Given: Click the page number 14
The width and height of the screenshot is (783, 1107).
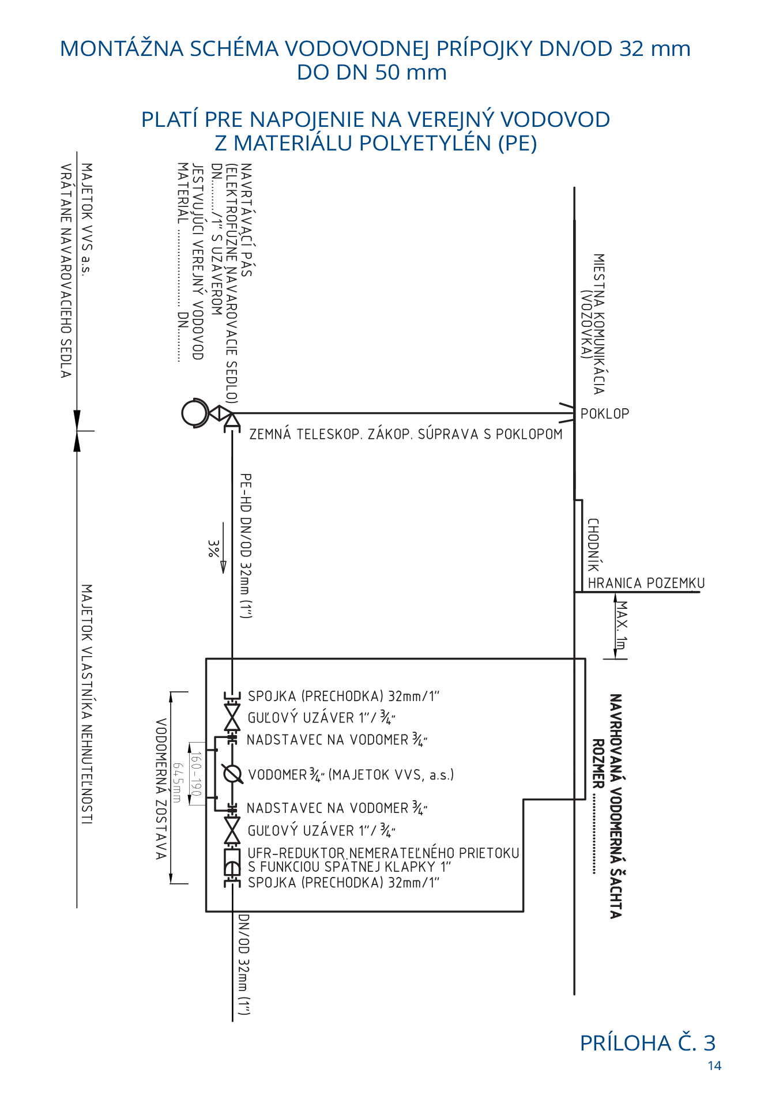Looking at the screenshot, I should pos(714,1066).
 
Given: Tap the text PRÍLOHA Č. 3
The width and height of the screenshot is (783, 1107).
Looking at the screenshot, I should pos(647,1043).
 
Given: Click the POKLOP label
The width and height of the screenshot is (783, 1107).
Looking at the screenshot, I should pos(604,413).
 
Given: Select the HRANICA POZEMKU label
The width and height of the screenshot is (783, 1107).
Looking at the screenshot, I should pos(646,583).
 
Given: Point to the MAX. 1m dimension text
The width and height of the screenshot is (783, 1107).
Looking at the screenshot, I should pos(621,625).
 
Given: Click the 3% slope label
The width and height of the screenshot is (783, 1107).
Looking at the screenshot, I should pos(213,548).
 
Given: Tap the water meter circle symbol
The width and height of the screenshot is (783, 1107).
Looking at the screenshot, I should pos(232,774).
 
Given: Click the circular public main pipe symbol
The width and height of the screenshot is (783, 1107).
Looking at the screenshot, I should pos(194,413).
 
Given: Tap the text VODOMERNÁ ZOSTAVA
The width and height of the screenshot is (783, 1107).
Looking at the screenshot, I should pos(161,788).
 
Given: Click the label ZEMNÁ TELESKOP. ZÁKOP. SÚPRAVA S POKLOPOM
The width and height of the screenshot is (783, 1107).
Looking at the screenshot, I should pos(405,434).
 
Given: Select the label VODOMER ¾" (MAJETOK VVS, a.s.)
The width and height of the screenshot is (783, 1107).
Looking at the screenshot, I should pos(351,774).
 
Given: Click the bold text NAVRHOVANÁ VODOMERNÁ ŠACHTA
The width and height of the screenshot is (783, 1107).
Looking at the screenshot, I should pos(616,806).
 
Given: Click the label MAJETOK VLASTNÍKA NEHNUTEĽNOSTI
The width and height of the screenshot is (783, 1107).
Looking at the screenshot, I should pos(86,704).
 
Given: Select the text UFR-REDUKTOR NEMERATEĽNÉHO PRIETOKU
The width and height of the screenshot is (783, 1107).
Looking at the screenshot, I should pos(383,853).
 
